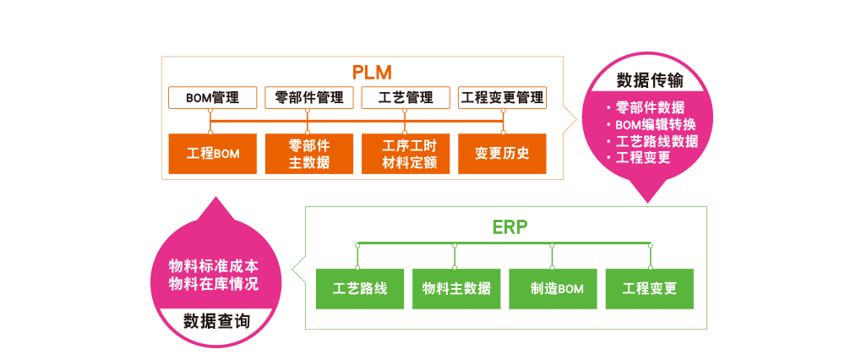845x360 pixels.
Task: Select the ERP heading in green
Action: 510,226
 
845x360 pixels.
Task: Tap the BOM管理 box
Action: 212,98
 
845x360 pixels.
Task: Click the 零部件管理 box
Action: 308,98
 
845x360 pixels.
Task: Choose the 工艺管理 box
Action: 406,98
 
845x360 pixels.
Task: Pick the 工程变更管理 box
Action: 502,98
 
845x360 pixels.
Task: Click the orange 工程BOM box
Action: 213,154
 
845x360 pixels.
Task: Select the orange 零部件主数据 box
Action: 309,154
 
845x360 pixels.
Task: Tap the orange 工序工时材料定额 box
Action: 406,154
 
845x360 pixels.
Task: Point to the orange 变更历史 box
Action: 502,154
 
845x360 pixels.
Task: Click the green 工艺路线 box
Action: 360,288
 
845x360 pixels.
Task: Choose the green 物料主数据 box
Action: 456,288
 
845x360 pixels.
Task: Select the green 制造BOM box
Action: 553,288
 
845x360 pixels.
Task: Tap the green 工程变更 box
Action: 649,288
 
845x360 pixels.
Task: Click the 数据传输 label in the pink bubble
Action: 650,80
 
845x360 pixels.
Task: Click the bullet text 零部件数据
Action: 650,107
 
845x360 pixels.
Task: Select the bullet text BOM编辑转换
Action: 655,124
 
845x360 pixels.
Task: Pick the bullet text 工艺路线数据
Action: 657,141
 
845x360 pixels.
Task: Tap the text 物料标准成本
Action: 214,264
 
